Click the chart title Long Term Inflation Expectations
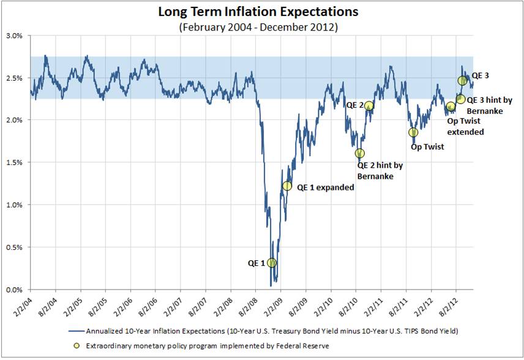258,12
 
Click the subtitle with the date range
258,27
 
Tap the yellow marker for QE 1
272,263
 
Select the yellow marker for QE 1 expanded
287,186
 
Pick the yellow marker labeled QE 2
369,105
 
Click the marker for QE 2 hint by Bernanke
360,153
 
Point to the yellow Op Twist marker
413,132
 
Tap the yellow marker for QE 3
463,80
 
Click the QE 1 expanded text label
326,187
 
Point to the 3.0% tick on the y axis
14,36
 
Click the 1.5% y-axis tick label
14,163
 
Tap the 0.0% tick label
14,290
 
